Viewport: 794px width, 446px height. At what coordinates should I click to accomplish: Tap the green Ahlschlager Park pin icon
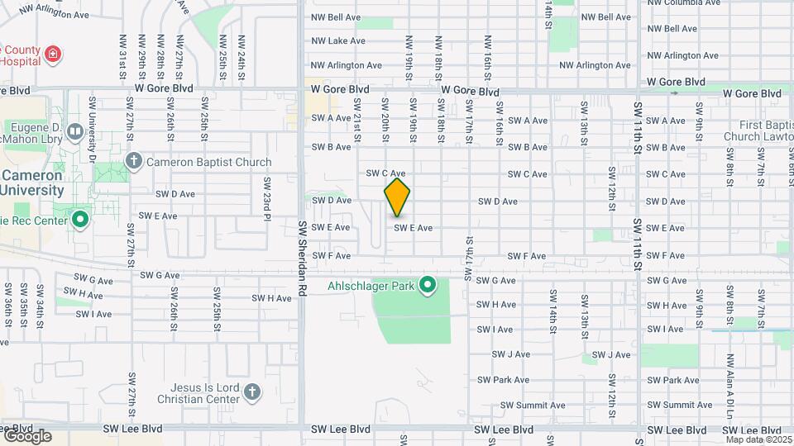click(428, 286)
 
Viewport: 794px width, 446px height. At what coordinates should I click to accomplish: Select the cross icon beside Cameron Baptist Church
click(133, 162)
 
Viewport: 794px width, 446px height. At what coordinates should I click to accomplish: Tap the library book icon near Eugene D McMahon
click(75, 131)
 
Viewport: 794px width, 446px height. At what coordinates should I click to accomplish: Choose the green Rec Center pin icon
click(80, 221)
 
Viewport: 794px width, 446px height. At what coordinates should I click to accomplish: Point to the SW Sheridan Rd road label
click(302, 255)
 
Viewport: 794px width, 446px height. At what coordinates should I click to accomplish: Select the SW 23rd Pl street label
click(267, 197)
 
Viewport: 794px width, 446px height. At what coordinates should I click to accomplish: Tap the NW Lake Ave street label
click(338, 40)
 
